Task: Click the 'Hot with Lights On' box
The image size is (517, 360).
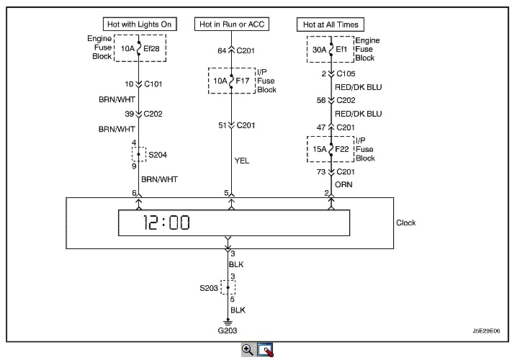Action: pyautogui.click(x=139, y=24)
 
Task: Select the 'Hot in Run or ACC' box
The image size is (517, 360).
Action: pyautogui.click(x=231, y=24)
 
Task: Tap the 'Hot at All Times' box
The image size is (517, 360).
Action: pyautogui.click(x=331, y=24)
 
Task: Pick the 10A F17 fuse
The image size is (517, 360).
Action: pyautogui.click(x=231, y=81)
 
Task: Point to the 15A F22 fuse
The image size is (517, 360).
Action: pyautogui.click(x=331, y=148)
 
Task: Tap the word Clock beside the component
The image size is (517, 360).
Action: pyautogui.click(x=406, y=223)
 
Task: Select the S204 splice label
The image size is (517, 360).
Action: pyautogui.click(x=157, y=153)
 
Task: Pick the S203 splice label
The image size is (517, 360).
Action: pyautogui.click(x=208, y=287)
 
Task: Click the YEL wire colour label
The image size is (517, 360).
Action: pyautogui.click(x=242, y=161)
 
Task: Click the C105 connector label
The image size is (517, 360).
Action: pyautogui.click(x=347, y=73)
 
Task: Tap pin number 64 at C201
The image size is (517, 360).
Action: pyautogui.click(x=220, y=50)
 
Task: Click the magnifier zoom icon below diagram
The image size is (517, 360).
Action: pyautogui.click(x=248, y=349)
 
